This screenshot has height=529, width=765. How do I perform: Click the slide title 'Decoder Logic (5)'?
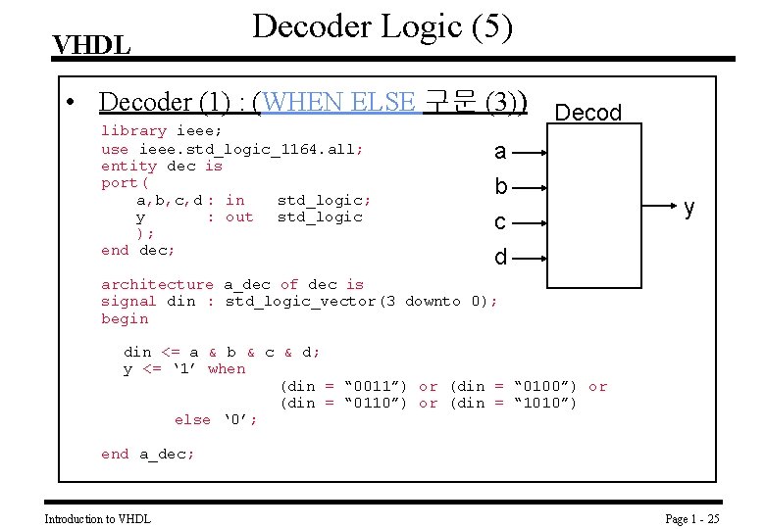tap(382, 26)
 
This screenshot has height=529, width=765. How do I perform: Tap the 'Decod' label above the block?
tap(588, 113)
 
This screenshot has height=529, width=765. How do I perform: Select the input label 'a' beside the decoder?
tap(500, 152)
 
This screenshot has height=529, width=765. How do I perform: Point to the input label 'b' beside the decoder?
tap(500, 186)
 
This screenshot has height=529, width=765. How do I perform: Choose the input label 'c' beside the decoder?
tap(500, 222)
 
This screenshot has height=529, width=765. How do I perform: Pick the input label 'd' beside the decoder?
tap(500, 258)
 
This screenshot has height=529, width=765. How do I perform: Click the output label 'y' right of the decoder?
tap(689, 208)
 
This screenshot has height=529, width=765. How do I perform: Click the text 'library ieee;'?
tap(162, 130)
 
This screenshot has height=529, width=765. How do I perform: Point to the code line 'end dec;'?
tap(138, 251)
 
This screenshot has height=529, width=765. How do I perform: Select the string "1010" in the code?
tap(540, 403)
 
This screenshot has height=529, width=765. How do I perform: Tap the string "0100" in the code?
tap(540, 386)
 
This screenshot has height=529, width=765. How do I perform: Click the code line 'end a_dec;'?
tap(148, 454)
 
